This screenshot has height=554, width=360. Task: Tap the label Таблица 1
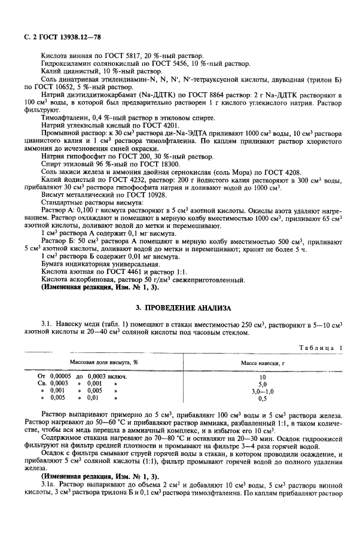322,348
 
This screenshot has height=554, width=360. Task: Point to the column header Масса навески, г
261,363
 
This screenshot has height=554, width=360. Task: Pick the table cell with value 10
261,376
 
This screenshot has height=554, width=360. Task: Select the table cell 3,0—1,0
261,390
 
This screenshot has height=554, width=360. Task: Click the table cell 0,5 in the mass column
261,397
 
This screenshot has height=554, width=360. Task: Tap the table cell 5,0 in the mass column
261,383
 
